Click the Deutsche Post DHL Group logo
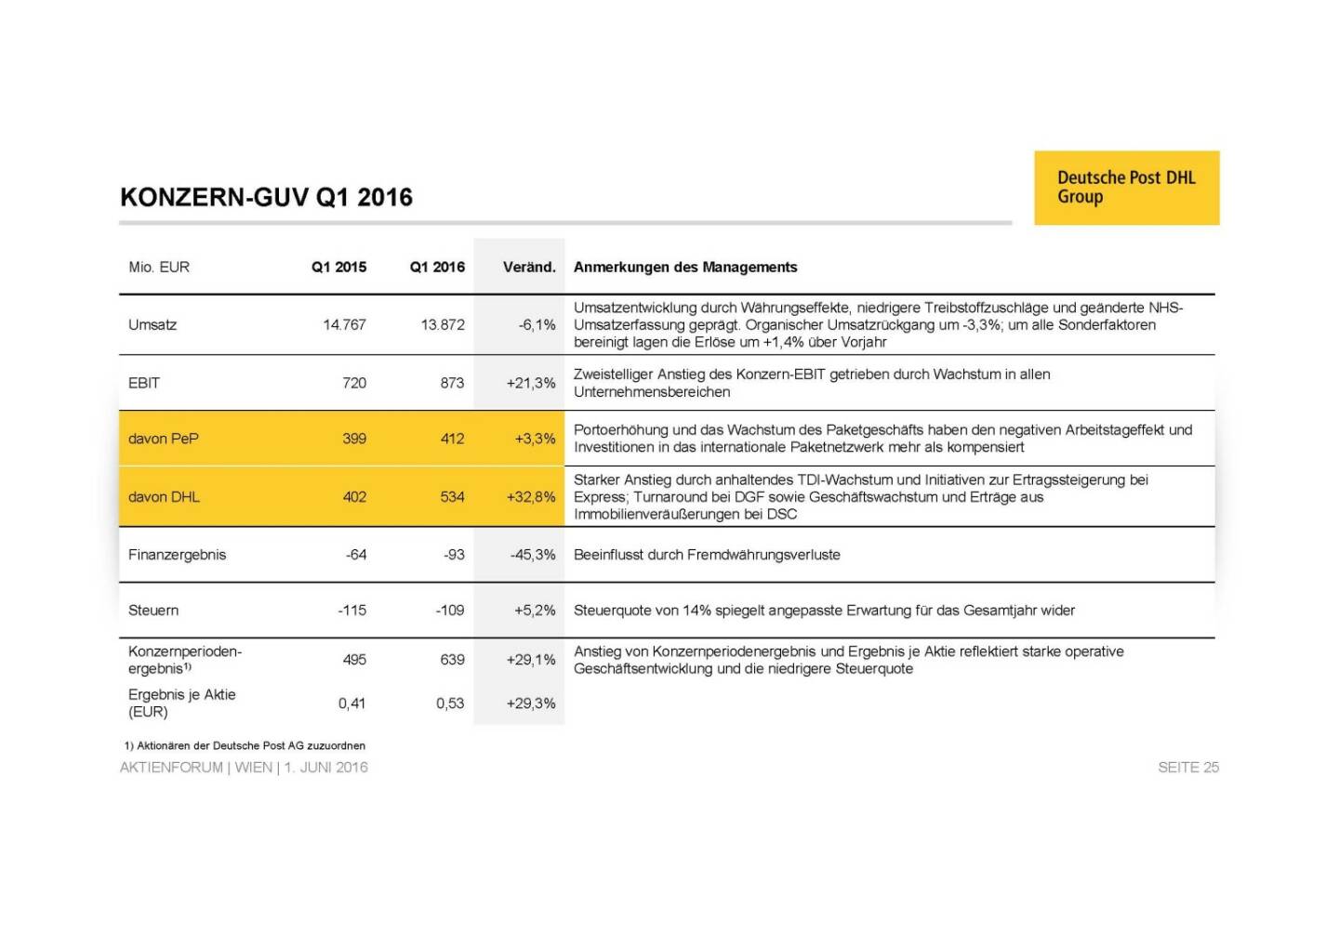(x=1126, y=187)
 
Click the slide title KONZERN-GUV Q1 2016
(x=266, y=197)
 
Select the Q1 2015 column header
(x=338, y=267)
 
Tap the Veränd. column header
(x=528, y=267)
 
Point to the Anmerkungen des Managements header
(x=685, y=267)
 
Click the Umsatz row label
(x=152, y=324)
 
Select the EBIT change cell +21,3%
(x=531, y=383)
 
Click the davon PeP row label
(x=164, y=439)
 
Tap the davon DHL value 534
(x=452, y=497)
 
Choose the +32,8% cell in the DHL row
(x=531, y=497)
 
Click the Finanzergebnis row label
(x=177, y=555)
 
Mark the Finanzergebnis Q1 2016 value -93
(x=454, y=555)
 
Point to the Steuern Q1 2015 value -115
(x=351, y=611)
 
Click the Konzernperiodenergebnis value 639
(x=452, y=660)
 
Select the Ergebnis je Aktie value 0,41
(x=351, y=703)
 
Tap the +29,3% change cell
(x=531, y=703)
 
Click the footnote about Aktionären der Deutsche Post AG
(x=245, y=745)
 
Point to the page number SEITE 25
(x=1187, y=768)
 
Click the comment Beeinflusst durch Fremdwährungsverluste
(x=707, y=555)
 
